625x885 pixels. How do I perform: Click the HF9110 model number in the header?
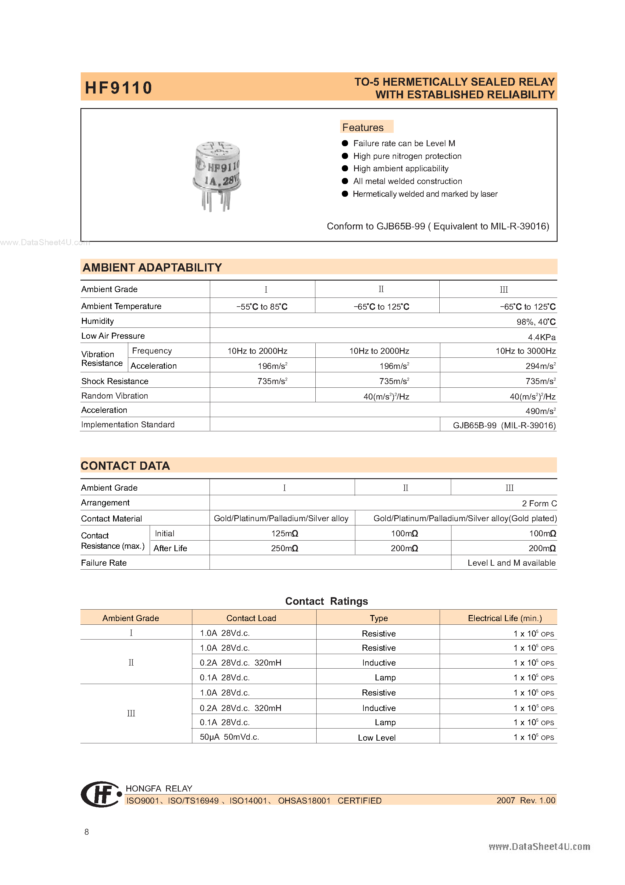[118, 88]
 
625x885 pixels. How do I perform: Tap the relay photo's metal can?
[217, 169]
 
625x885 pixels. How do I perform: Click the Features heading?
[363, 127]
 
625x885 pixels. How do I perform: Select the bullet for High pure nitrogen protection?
[345, 156]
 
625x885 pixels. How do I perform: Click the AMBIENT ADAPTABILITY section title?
[152, 268]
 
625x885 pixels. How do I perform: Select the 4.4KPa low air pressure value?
[542, 337]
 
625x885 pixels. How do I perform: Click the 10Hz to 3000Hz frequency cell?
[525, 351]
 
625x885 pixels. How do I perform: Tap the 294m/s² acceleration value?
[540, 366]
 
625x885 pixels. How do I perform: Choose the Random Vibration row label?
[114, 396]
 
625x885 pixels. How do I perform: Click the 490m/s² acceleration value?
[540, 411]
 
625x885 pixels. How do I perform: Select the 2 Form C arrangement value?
[539, 504]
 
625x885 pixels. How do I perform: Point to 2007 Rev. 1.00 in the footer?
[526, 801]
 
